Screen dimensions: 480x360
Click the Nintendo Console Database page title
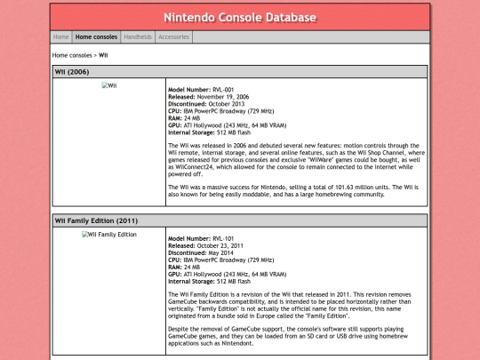(x=240, y=17)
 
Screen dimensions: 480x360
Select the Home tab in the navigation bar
(x=60, y=37)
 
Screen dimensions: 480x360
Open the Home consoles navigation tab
(x=96, y=37)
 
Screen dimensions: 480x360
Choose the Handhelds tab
(x=138, y=37)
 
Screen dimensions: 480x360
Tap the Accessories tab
(x=173, y=37)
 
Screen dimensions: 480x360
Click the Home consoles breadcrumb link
(x=72, y=55)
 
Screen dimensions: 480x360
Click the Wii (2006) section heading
(x=72, y=71)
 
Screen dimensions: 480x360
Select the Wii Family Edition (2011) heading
(x=96, y=220)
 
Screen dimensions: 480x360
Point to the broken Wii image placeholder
(x=108, y=85)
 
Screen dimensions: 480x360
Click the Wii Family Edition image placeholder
(x=108, y=235)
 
